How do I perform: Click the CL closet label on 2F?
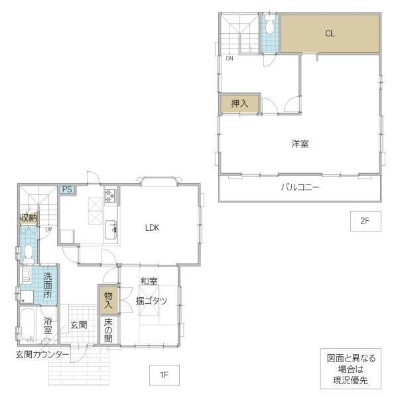tap(330, 33)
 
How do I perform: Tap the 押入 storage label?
tap(239, 103)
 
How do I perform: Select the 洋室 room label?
tap(300, 144)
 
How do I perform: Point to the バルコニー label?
tap(300, 188)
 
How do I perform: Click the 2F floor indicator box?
tap(365, 221)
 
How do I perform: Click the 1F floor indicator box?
tap(165, 375)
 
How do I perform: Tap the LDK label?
tap(153, 228)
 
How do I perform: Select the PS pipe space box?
tap(68, 189)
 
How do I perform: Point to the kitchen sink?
tap(111, 230)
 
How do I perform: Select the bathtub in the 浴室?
tap(28, 324)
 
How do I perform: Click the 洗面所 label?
tap(48, 285)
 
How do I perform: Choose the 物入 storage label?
tap(108, 300)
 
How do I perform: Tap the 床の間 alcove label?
tap(108, 330)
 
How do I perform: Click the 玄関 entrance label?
tap(79, 325)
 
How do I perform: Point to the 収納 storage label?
tap(29, 218)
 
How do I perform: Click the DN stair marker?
tap(230, 58)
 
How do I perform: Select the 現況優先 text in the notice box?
tap(350, 380)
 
